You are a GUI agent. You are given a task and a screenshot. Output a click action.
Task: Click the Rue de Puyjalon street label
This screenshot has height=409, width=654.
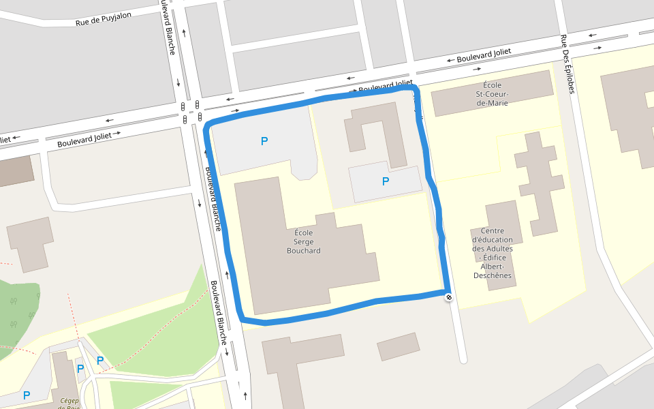103,20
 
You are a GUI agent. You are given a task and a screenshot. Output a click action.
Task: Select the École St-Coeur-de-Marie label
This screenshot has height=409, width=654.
492,93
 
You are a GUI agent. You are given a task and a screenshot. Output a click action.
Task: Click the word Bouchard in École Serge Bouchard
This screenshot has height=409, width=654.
303,251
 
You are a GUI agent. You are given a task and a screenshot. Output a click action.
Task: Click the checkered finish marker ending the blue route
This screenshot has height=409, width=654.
448,297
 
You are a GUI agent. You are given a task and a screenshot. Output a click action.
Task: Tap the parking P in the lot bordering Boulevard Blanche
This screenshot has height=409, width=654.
264,141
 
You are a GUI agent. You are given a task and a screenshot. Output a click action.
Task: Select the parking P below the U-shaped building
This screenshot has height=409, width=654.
386,181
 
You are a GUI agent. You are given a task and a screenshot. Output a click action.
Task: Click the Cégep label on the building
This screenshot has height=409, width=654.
69,402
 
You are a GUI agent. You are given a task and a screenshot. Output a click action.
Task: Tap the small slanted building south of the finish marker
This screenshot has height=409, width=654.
399,346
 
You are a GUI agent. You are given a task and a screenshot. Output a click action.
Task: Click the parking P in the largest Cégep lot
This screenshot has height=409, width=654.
27,395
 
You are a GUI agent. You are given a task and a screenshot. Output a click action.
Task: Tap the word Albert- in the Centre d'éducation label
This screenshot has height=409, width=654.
492,267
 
